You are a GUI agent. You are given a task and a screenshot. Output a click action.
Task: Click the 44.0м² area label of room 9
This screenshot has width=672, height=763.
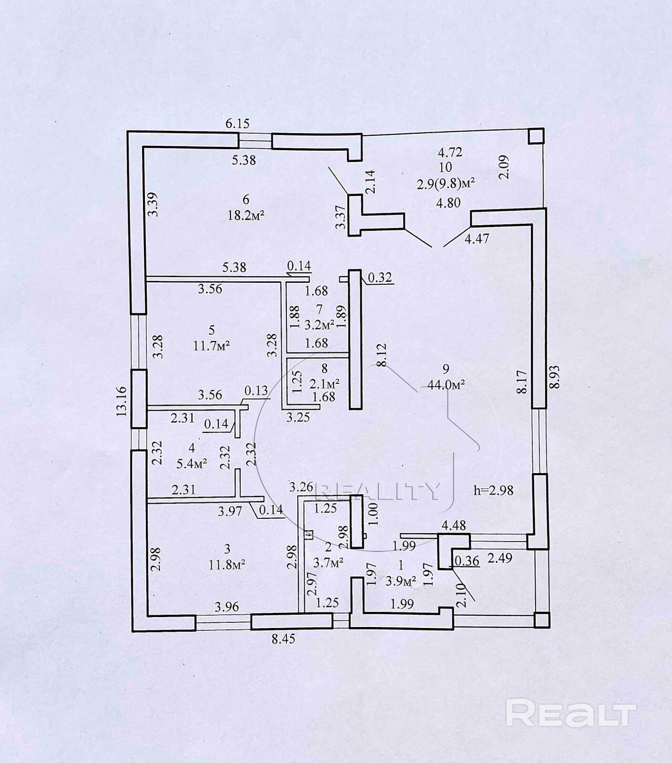(x=446, y=385)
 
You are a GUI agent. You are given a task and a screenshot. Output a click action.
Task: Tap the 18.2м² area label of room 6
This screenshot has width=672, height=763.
(x=246, y=215)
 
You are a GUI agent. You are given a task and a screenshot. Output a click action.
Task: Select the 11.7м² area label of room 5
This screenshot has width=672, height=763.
(x=212, y=345)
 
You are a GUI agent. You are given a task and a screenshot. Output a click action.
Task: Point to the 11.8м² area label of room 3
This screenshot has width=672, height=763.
(x=227, y=565)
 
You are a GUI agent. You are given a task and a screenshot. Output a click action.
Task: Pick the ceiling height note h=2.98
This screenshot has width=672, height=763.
(x=493, y=490)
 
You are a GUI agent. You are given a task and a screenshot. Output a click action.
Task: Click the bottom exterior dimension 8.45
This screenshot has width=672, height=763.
(x=284, y=639)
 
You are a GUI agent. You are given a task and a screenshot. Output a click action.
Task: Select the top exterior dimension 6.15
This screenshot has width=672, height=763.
(x=237, y=124)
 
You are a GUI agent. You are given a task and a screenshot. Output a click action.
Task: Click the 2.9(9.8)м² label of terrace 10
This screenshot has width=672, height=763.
(x=446, y=184)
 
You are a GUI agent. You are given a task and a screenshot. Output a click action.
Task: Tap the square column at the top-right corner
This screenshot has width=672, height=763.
(x=536, y=136)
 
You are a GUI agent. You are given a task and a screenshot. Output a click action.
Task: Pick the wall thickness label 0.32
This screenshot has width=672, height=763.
(x=380, y=278)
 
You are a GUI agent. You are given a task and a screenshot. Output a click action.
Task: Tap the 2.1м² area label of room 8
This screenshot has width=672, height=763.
(x=324, y=383)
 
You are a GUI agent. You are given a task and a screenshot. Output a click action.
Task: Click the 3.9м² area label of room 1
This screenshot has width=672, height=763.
(x=400, y=581)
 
